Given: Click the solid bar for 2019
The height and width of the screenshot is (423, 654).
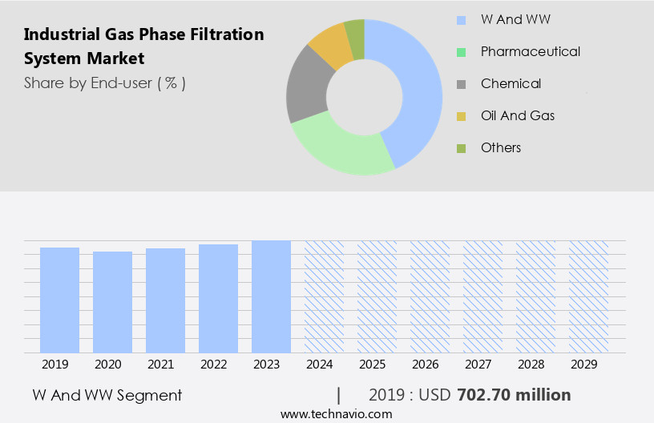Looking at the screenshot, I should pos(59,300).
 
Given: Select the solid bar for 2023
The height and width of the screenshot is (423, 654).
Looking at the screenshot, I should pos(271,296).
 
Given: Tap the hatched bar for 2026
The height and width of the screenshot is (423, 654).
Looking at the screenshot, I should pos(430,296).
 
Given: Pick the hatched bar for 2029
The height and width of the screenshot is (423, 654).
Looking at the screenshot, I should pos(588,296).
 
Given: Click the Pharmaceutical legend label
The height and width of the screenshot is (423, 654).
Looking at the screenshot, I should pos(531,51).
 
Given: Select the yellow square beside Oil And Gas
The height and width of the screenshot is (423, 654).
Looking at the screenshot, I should pos(461,116).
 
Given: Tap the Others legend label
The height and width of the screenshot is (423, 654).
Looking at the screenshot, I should pos(501,147).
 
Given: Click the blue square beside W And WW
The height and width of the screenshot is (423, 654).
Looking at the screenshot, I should pos(461,20).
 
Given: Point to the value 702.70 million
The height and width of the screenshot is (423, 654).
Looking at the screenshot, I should pos(514,395).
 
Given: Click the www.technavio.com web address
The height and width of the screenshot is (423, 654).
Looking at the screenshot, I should pos(336,414).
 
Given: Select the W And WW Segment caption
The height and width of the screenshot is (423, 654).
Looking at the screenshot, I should pos(107,395).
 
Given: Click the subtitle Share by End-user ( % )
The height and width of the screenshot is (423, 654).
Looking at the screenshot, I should pos(105,83).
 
